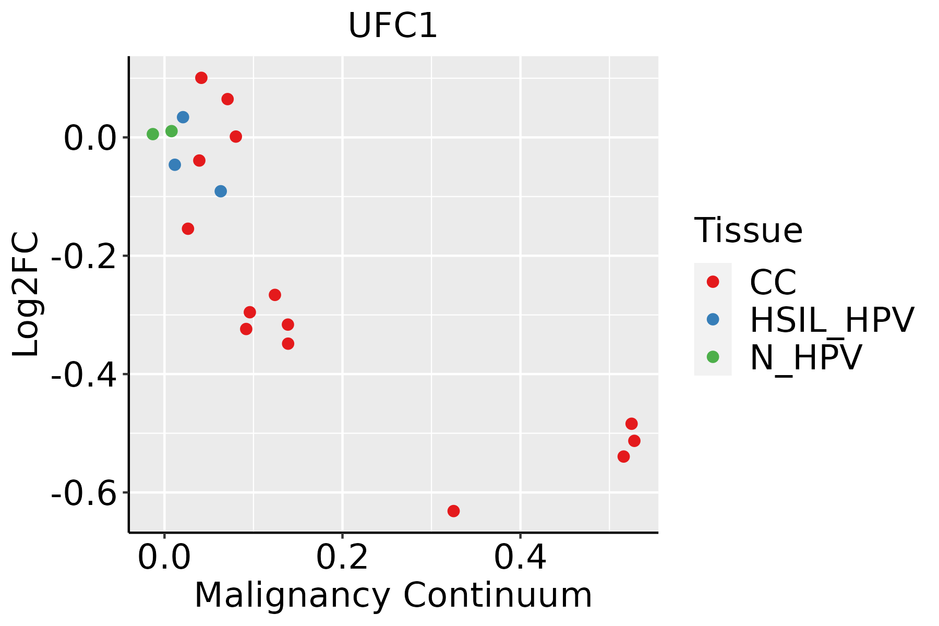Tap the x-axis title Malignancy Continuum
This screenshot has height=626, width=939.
point(393,595)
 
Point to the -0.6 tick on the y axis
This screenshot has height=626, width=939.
point(83,493)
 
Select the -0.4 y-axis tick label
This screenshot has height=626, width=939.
point(83,375)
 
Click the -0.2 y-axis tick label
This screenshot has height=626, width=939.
point(83,256)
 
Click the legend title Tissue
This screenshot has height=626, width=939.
point(748,230)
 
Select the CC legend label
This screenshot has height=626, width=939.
point(773,282)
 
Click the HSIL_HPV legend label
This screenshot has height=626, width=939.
point(832,320)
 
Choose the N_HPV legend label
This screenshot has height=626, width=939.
point(805,357)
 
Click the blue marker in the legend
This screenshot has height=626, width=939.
point(713,319)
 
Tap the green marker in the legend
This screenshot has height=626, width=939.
point(713,357)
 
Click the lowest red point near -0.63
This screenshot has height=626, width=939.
point(453,511)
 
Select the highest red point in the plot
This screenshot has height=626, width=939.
point(201,78)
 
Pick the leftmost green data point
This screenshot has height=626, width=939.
point(153,134)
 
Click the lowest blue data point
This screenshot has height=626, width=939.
point(221,191)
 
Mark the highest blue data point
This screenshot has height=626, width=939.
point(183,117)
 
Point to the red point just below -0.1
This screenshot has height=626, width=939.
point(188,228)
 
